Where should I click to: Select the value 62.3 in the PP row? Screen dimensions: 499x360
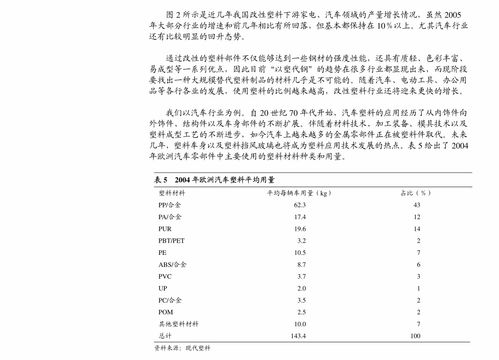click(x=298, y=204)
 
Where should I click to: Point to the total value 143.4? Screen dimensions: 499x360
click(x=297, y=335)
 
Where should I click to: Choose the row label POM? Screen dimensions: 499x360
click(x=166, y=311)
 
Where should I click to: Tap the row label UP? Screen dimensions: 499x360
click(x=163, y=286)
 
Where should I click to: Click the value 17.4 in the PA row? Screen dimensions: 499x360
click(x=298, y=216)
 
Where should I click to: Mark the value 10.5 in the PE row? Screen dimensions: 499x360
click(x=298, y=254)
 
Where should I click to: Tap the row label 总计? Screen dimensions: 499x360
click(x=165, y=335)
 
